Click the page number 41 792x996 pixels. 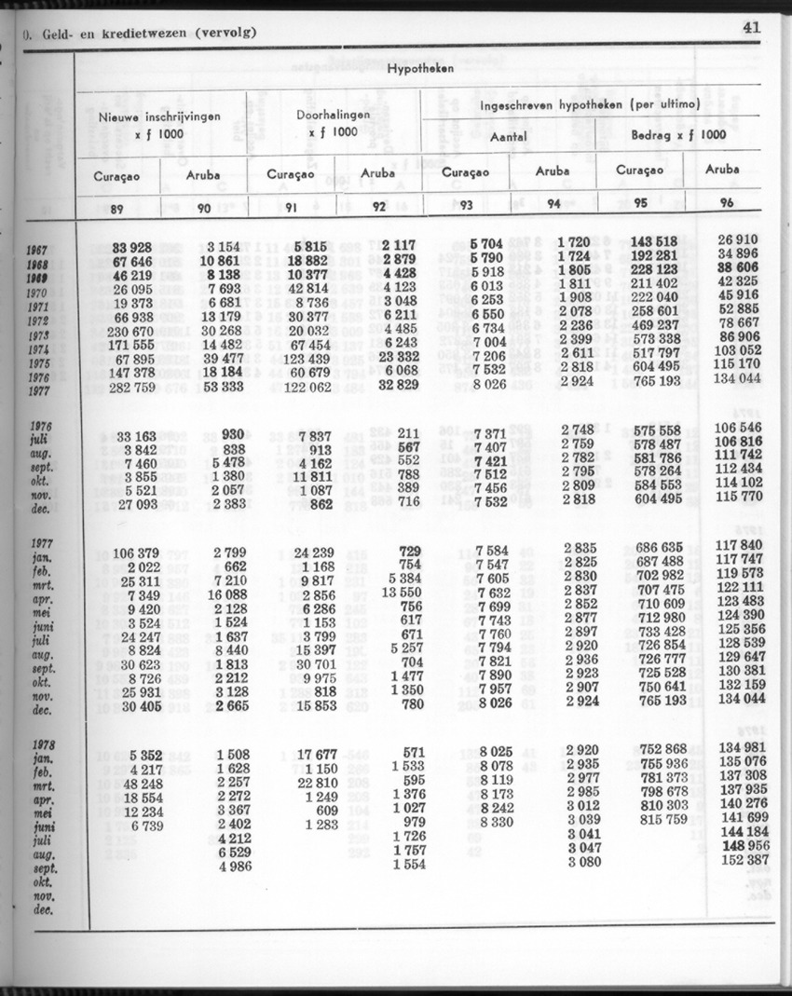click(x=751, y=27)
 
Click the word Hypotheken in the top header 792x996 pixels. click(x=419, y=70)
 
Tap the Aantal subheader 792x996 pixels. click(x=509, y=136)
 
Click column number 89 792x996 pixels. click(x=117, y=209)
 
